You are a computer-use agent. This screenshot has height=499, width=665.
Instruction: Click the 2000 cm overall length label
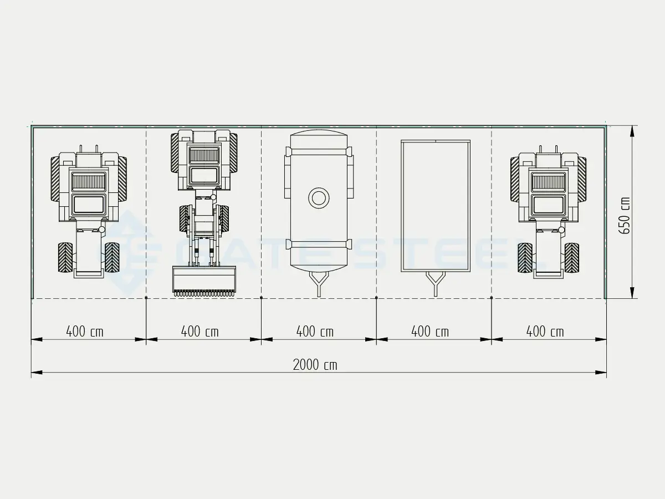pyautogui.click(x=315, y=365)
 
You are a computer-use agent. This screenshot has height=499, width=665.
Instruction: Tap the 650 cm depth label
pyautogui.click(x=624, y=216)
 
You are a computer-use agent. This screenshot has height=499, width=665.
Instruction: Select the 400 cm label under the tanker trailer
pyautogui.click(x=315, y=332)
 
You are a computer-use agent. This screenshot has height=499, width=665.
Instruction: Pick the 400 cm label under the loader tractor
pyautogui.click(x=199, y=332)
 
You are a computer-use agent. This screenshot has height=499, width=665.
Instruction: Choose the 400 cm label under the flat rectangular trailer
pyautogui.click(x=430, y=332)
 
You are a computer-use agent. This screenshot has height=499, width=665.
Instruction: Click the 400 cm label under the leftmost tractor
pyautogui.click(x=85, y=332)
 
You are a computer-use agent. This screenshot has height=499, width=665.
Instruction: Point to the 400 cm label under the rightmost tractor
pyautogui.click(x=545, y=332)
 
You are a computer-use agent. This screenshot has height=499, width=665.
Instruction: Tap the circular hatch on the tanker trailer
pyautogui.click(x=319, y=198)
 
